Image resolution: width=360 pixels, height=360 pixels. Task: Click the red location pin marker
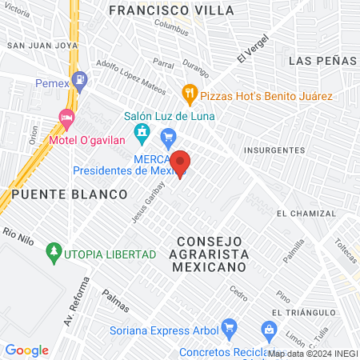[x=180, y=163]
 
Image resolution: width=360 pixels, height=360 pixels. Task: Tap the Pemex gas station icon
[x=79, y=80]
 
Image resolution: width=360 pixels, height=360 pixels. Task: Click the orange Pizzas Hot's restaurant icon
[x=190, y=94]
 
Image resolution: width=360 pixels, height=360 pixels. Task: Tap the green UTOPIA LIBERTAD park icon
[x=54, y=254]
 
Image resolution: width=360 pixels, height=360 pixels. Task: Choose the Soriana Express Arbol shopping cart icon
[x=230, y=327]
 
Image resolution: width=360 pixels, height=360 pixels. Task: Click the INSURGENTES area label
[x=274, y=150]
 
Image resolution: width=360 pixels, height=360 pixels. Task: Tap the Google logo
[x=26, y=350]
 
